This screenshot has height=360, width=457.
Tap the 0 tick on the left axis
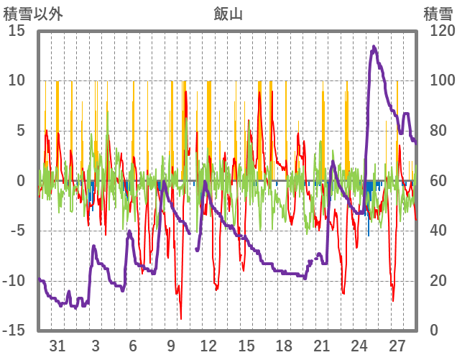(x=22, y=180)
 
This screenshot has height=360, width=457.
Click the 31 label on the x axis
(x=58, y=345)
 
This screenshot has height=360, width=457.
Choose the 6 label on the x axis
(x=134, y=345)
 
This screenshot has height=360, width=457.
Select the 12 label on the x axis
(x=209, y=345)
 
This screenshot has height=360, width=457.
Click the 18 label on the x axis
(x=285, y=345)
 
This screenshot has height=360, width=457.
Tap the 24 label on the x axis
(x=360, y=345)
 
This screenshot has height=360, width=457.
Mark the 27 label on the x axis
(x=398, y=345)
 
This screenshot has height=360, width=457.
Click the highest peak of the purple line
(x=374, y=47)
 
